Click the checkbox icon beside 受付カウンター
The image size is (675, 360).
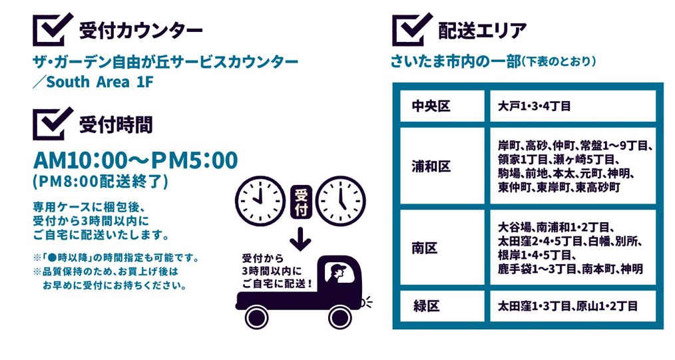[51, 30]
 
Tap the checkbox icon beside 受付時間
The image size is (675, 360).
[51, 123]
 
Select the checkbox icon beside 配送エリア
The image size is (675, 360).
[411, 30]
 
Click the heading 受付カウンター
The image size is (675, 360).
[140, 31]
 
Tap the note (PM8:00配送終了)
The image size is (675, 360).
[100, 181]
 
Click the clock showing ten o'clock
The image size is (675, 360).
[260, 200]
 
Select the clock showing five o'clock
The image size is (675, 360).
[341, 200]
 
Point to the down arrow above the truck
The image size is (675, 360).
[301, 239]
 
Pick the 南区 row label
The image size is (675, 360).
[426, 248]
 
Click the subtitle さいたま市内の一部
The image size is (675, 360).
[456, 62]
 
